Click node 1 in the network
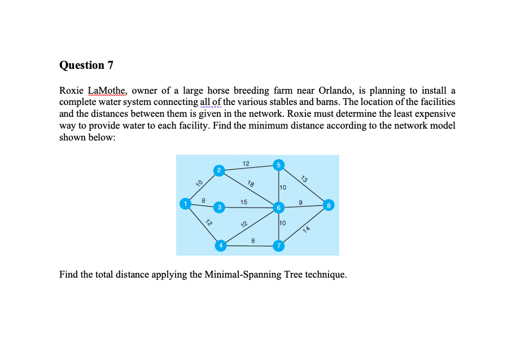coord(184,203)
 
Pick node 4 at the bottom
coord(221,245)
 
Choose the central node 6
coord(278,208)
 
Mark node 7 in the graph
coord(278,246)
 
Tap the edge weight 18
coord(251,183)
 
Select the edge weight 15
coord(243,201)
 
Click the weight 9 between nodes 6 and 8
coord(301,201)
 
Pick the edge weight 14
coord(307,229)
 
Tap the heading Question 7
coord(86,65)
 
